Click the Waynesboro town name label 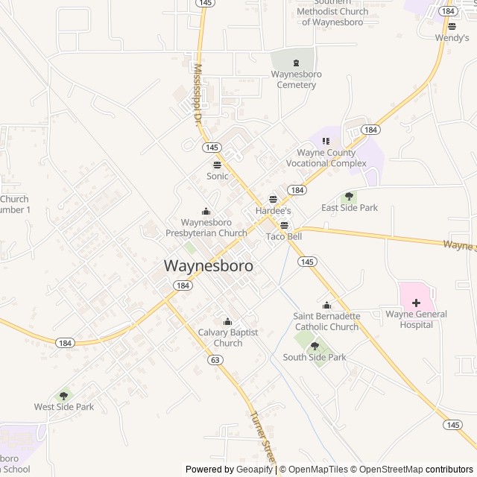pyautogui.click(x=208, y=265)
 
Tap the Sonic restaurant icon pyautogui.click(x=217, y=165)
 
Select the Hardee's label pyautogui.click(x=273, y=212)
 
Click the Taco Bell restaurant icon pyautogui.click(x=284, y=225)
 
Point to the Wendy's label pyautogui.click(x=452, y=37)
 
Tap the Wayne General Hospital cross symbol pyautogui.click(x=416, y=303)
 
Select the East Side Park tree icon pyautogui.click(x=349, y=196)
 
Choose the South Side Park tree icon pyautogui.click(x=315, y=346)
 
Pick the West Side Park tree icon pyautogui.click(x=64, y=396)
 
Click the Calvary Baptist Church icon pyautogui.click(x=228, y=321)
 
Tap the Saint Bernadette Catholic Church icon pyautogui.click(x=326, y=305)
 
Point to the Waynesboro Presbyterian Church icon pyautogui.click(x=206, y=211)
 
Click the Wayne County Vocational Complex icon pyautogui.click(x=326, y=141)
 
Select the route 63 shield pyautogui.click(x=215, y=360)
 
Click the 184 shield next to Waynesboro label pyautogui.click(x=183, y=285)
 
